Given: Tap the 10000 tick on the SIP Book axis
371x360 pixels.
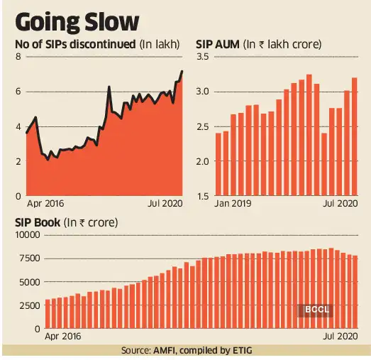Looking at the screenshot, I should [26, 234].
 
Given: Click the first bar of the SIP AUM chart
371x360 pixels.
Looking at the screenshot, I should [218, 164].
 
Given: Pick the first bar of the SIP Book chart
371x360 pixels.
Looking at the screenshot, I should [48, 314].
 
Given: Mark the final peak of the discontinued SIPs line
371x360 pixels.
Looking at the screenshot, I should [182, 71].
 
